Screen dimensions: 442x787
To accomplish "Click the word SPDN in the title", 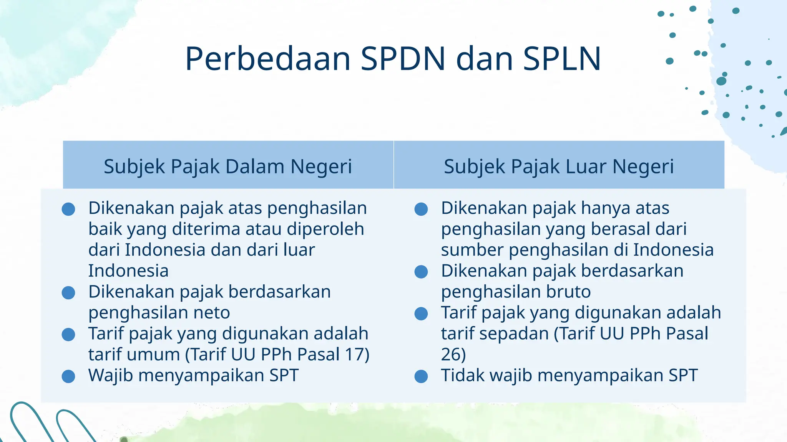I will [x=403, y=59].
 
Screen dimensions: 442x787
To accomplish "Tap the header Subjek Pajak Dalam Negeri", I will [x=228, y=166].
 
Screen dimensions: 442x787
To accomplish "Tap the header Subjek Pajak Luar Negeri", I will [x=559, y=166].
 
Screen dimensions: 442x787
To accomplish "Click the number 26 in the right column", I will [x=450, y=354].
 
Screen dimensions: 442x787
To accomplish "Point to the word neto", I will [x=212, y=313].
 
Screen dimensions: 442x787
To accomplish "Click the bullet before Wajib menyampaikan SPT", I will [x=68, y=376].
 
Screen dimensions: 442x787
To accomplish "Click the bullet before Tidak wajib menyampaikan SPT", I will [x=421, y=376].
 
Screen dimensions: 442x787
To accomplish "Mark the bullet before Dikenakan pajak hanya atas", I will [x=421, y=209].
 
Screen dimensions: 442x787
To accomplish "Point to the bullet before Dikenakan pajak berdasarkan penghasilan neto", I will [x=68, y=293].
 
